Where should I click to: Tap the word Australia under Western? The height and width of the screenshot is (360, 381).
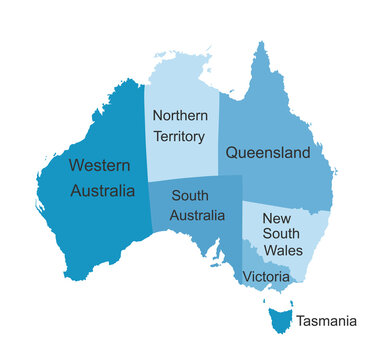(x=103, y=190)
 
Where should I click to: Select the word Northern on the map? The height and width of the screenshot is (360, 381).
(x=180, y=115)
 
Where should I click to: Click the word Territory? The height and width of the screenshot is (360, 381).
(x=180, y=136)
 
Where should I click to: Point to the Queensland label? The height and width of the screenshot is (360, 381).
(x=267, y=153)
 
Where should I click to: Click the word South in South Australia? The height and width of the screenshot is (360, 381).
(x=190, y=196)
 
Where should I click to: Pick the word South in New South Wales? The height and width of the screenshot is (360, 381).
(x=281, y=233)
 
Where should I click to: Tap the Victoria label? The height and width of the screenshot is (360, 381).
(x=267, y=276)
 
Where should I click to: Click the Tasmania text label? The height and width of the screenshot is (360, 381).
(x=326, y=321)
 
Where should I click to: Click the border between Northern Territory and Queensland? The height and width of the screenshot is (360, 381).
(x=219, y=140)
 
